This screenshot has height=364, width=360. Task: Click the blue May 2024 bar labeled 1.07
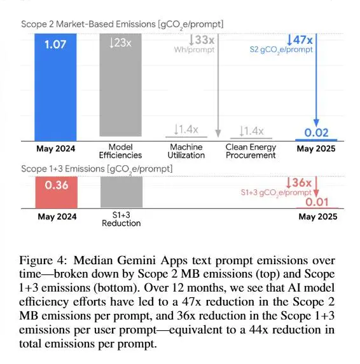[x=55, y=87]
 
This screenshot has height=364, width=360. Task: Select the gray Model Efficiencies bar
[x=121, y=85]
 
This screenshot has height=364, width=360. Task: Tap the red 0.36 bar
[x=57, y=192]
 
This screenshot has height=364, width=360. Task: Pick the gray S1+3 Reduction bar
[x=121, y=192]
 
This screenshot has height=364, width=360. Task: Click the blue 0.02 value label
[x=316, y=133]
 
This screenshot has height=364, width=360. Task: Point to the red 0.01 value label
[x=317, y=202]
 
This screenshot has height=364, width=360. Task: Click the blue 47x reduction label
[x=300, y=40]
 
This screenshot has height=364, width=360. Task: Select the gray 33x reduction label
[x=202, y=40]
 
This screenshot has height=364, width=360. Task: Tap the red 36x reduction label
[x=299, y=183]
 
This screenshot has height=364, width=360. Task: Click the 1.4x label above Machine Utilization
[x=186, y=130]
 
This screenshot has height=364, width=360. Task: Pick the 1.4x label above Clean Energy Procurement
[x=251, y=131]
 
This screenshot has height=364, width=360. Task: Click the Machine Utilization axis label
[x=186, y=151]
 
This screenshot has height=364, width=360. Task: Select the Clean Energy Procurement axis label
[x=251, y=151]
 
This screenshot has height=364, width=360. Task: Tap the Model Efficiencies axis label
[x=120, y=151]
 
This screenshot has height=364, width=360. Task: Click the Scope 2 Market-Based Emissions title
[x=122, y=25]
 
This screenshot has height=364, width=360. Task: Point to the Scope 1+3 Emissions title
[x=97, y=169]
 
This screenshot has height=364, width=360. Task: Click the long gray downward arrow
[x=218, y=85]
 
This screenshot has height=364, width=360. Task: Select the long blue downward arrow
[x=316, y=80]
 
